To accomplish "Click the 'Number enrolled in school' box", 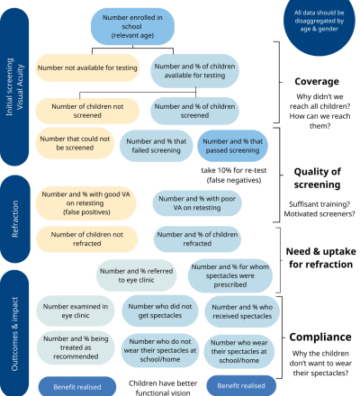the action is tap(132, 26).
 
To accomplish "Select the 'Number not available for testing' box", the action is tap(87, 67).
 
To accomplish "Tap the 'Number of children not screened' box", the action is tap(87, 111).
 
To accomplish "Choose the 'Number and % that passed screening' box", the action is tap(232, 146).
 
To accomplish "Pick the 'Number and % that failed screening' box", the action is tap(157, 146).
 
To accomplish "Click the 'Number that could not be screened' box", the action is tap(75, 143).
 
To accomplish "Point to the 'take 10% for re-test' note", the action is tap(234, 175).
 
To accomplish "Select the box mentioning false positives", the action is tap(86, 203).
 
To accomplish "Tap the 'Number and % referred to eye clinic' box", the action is tap(136, 275).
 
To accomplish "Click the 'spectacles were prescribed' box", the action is tap(230, 275).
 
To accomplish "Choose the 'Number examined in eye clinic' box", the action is tap(76, 310).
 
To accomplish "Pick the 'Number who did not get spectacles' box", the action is tap(160, 310).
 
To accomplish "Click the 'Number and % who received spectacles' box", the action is tap(242, 311).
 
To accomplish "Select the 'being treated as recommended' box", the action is tap(76, 347).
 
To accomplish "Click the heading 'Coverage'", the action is tap(317, 81).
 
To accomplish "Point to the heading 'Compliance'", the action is tap(320, 337).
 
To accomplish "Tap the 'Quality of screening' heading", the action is tap(317, 178).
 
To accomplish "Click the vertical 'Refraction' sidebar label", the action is tap(15, 219).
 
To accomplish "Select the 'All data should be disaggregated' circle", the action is tap(319, 24).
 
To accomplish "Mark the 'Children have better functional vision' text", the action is tap(163, 388).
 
